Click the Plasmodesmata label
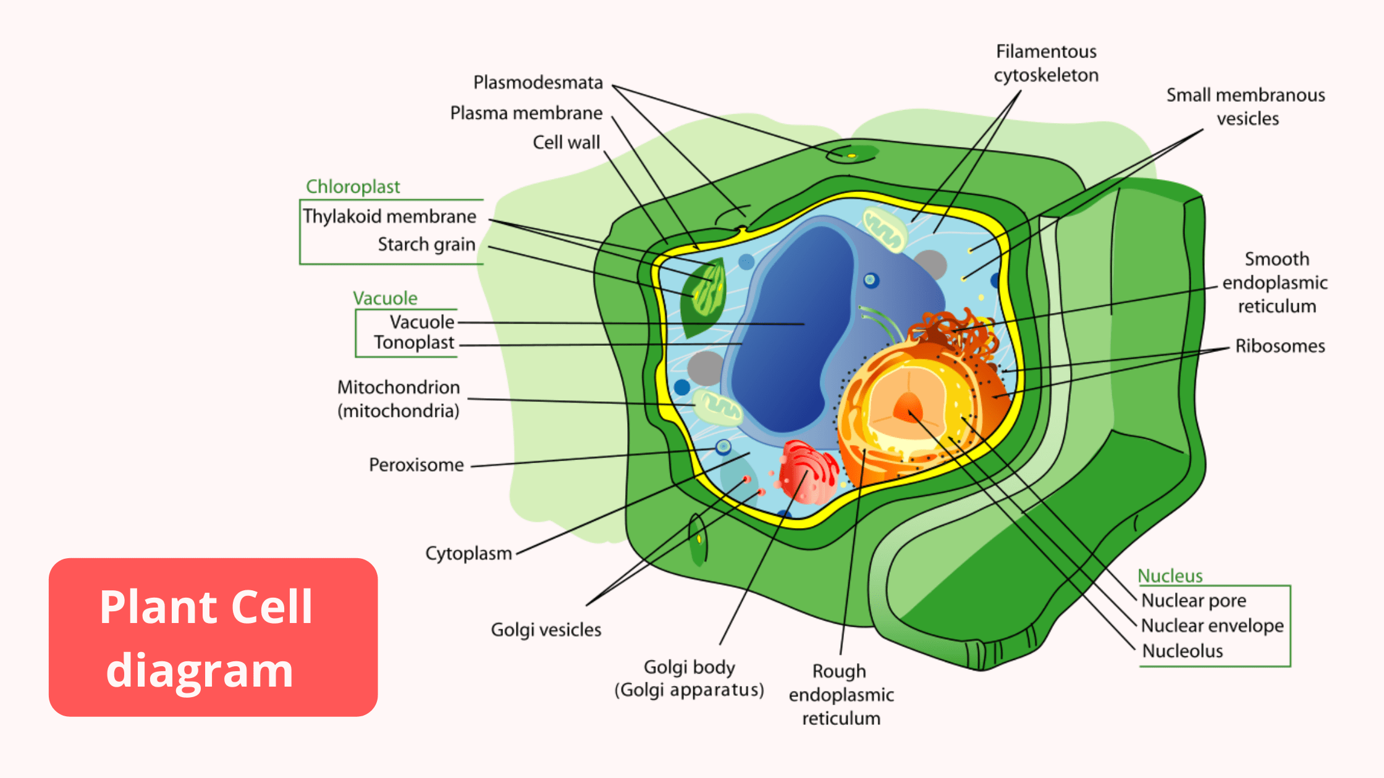538,83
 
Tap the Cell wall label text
566,143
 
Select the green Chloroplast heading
353,186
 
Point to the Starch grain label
426,245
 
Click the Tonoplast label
413,343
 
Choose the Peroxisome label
416,465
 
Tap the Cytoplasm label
468,553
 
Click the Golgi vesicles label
546,630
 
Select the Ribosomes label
1280,346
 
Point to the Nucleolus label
1182,651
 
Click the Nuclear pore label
1193,601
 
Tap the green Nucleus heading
1170,576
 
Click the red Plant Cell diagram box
213,637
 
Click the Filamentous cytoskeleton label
1046,63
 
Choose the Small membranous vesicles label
1246,107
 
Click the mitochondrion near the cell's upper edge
885,230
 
